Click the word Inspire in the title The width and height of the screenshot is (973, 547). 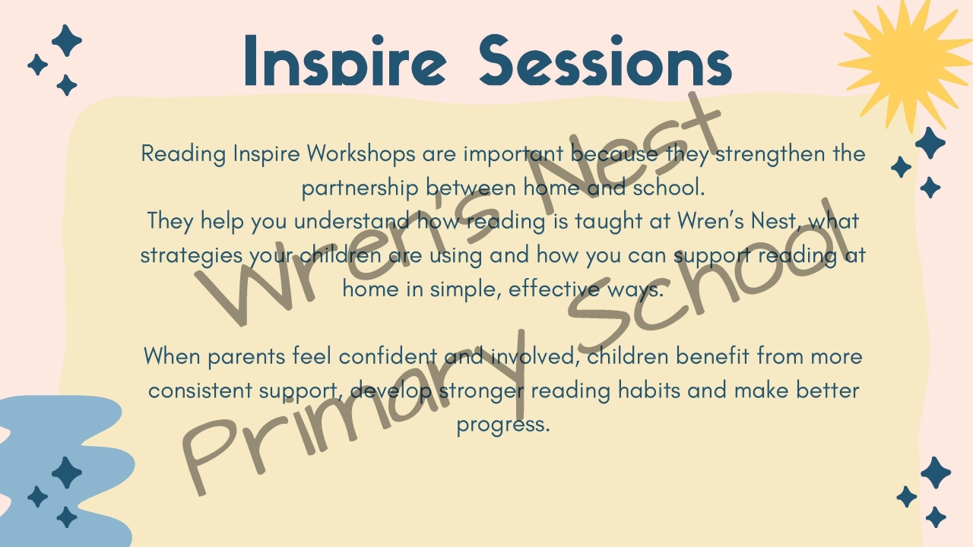[345, 60]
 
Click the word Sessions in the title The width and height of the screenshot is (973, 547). [606, 60]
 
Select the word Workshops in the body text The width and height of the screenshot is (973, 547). [360, 154]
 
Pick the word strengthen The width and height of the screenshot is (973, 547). [770, 154]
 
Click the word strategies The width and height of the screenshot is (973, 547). [191, 256]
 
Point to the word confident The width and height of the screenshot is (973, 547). [388, 356]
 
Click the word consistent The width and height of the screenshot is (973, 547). [200, 390]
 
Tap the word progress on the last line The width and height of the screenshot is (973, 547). [503, 425]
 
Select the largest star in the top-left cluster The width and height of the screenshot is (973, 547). [66, 41]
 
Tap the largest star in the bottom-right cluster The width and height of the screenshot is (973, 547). [936, 473]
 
